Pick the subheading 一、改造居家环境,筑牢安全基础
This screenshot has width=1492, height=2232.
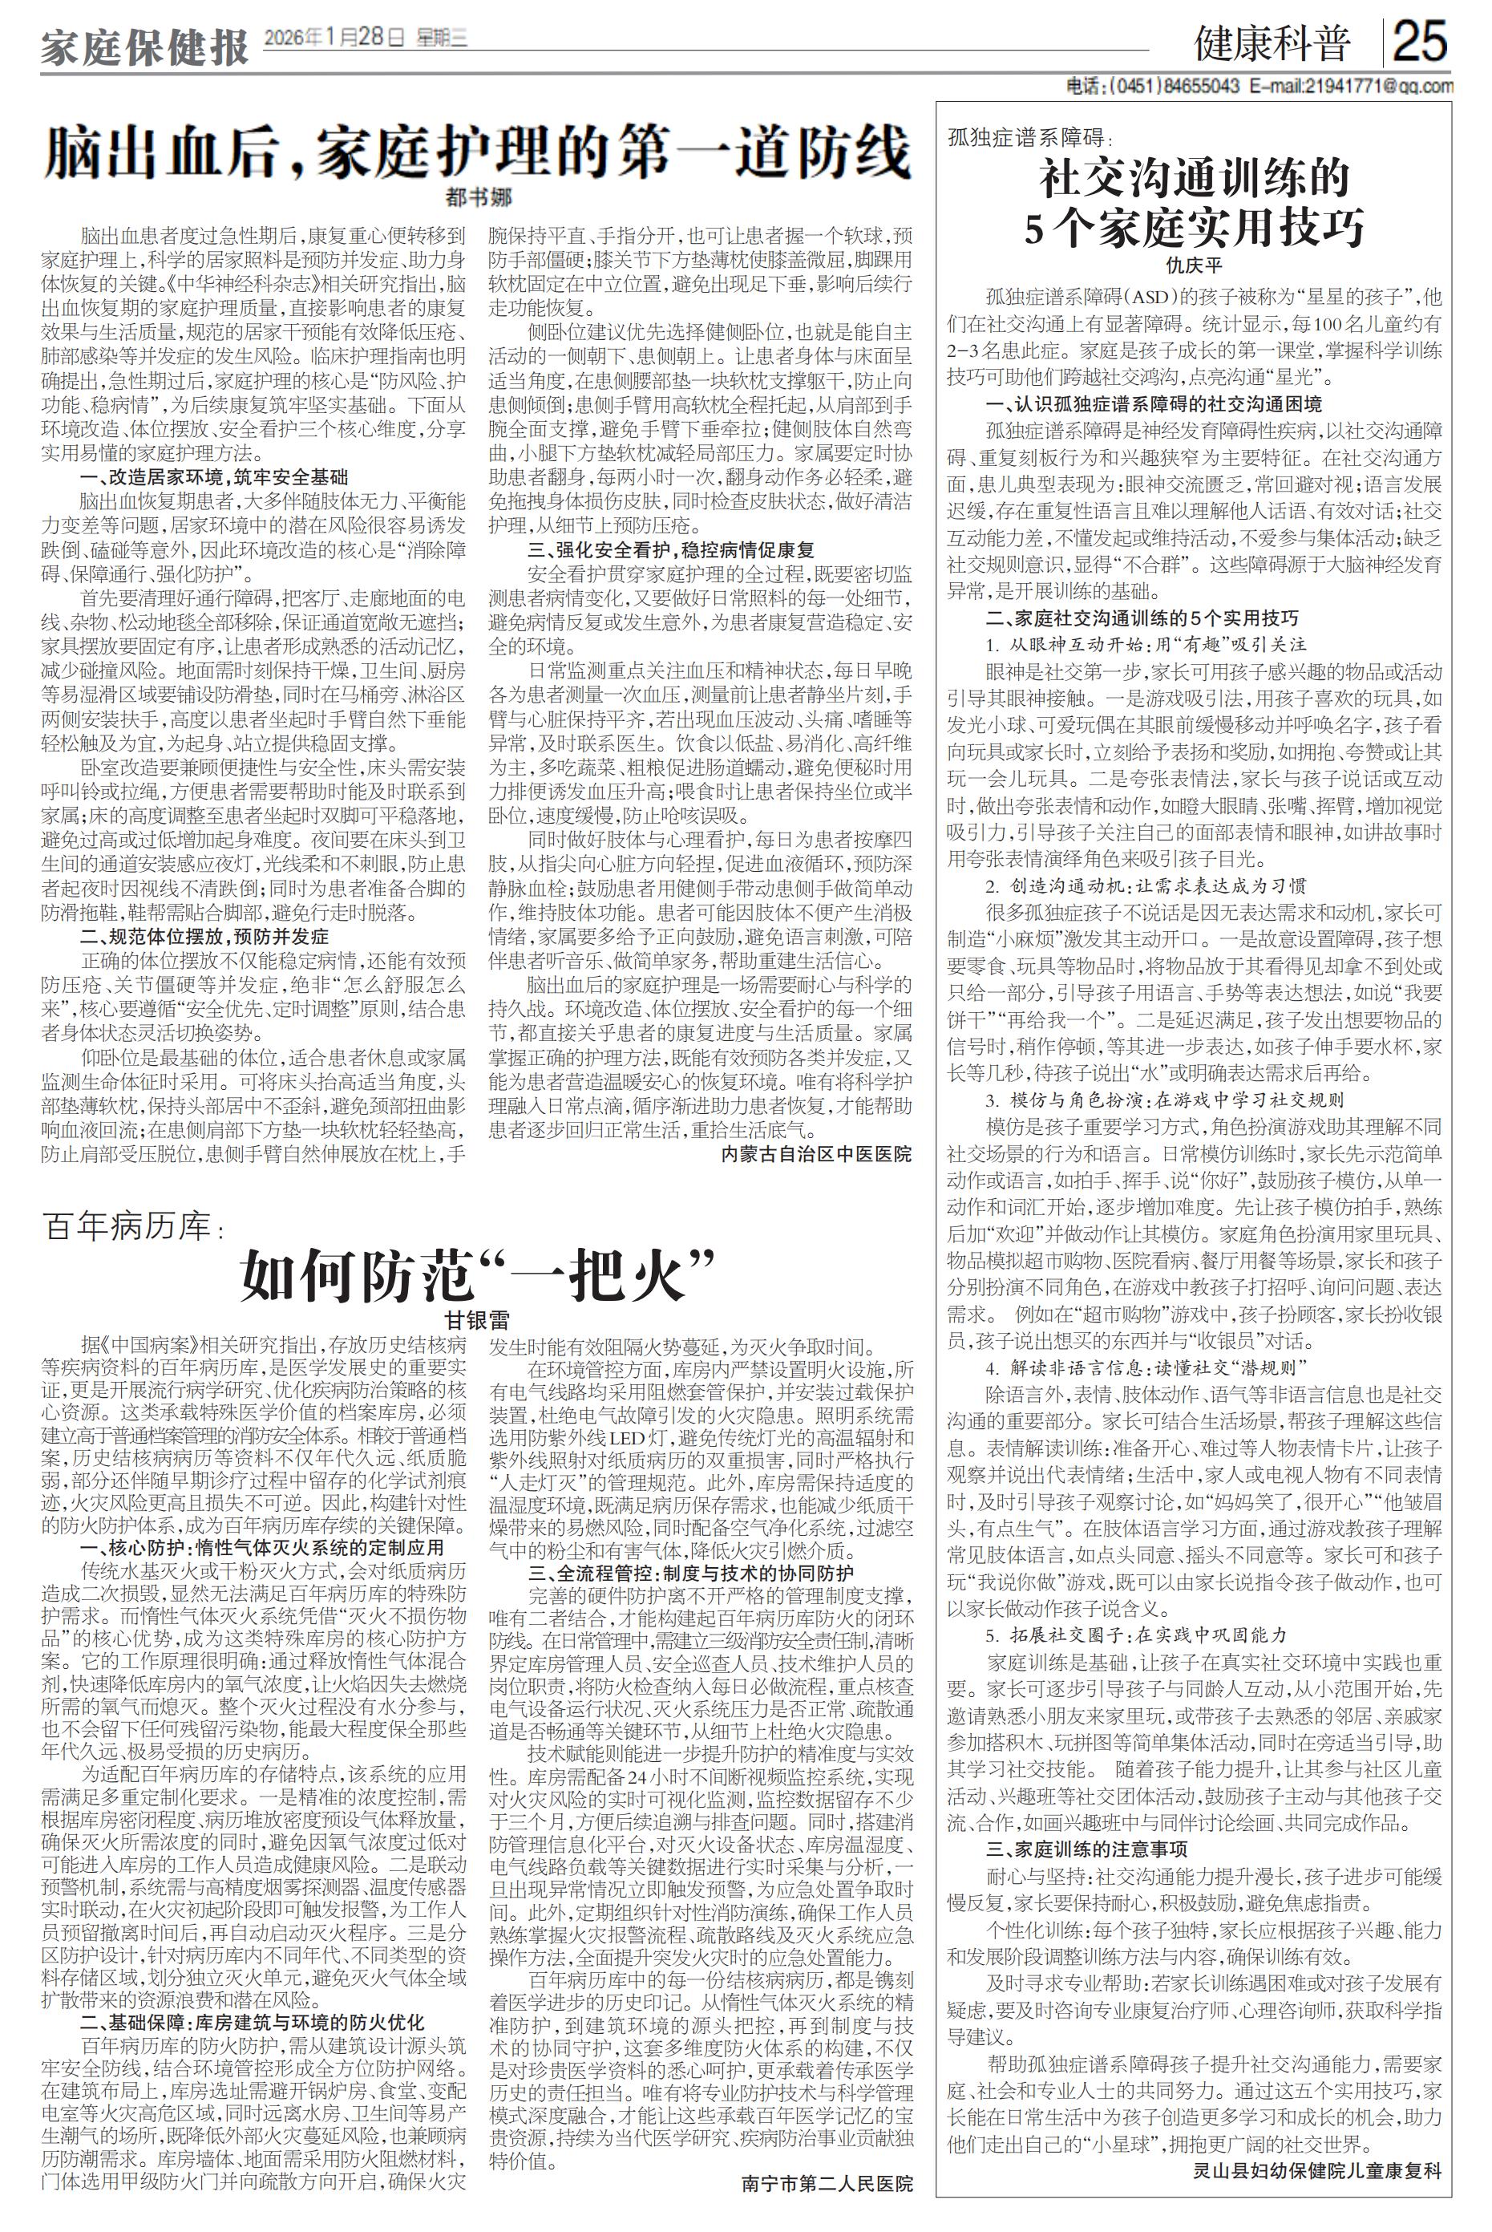[215, 477]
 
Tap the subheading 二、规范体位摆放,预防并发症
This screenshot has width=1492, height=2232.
[204, 936]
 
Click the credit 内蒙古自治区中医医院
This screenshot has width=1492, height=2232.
[815, 1153]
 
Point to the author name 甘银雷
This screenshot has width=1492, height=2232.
[478, 1320]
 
